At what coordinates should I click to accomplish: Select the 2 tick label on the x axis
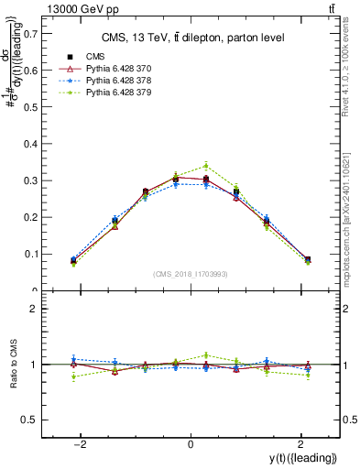(x=300, y=444)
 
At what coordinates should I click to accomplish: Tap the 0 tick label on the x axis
(x=191, y=444)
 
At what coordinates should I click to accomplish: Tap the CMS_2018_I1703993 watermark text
(x=191, y=274)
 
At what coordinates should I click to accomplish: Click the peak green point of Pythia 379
(x=207, y=166)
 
